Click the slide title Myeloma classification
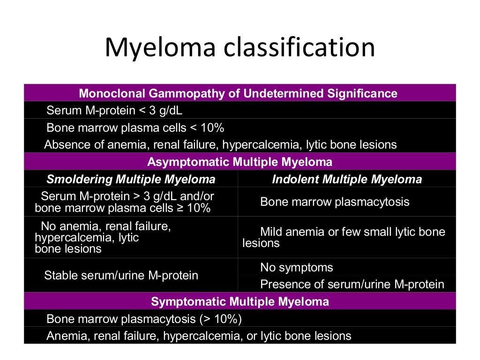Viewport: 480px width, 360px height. coord(240,48)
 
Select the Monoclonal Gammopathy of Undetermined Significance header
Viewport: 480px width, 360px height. coord(238,93)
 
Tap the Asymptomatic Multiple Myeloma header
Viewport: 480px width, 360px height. coord(240,162)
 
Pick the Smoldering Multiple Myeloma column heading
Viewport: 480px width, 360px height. coord(131,179)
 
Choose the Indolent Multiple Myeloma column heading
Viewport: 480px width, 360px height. coord(347,179)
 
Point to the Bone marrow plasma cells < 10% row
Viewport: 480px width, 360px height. coord(135,127)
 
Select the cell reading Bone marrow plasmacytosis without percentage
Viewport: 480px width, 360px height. coord(334,202)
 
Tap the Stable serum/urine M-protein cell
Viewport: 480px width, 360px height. coord(121,275)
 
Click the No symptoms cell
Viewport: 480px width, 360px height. coord(296,268)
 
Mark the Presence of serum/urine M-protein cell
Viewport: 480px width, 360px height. coord(352,284)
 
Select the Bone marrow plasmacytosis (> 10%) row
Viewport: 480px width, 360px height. coord(144,319)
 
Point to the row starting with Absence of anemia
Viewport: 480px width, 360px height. coord(220,144)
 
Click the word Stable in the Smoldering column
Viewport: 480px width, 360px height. coord(61,275)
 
